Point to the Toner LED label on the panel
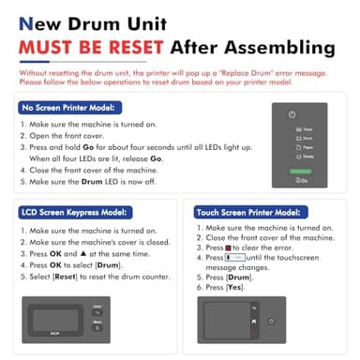point(307,128)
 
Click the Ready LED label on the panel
point(307,156)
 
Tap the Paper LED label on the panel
point(307,146)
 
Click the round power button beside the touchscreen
point(271,321)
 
